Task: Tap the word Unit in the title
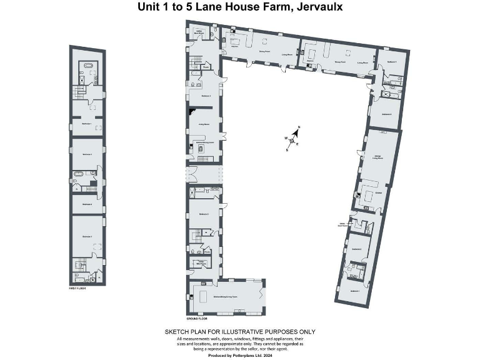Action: click(148, 7)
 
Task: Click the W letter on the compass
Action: click(286, 138)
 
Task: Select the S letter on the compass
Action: click(287, 150)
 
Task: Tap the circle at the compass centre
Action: click(292, 141)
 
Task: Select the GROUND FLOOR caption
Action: click(198, 317)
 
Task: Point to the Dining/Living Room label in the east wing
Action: click(377, 157)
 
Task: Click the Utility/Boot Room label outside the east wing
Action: click(342, 224)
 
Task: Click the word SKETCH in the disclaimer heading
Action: click(177, 332)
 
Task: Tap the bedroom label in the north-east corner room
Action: click(392, 62)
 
